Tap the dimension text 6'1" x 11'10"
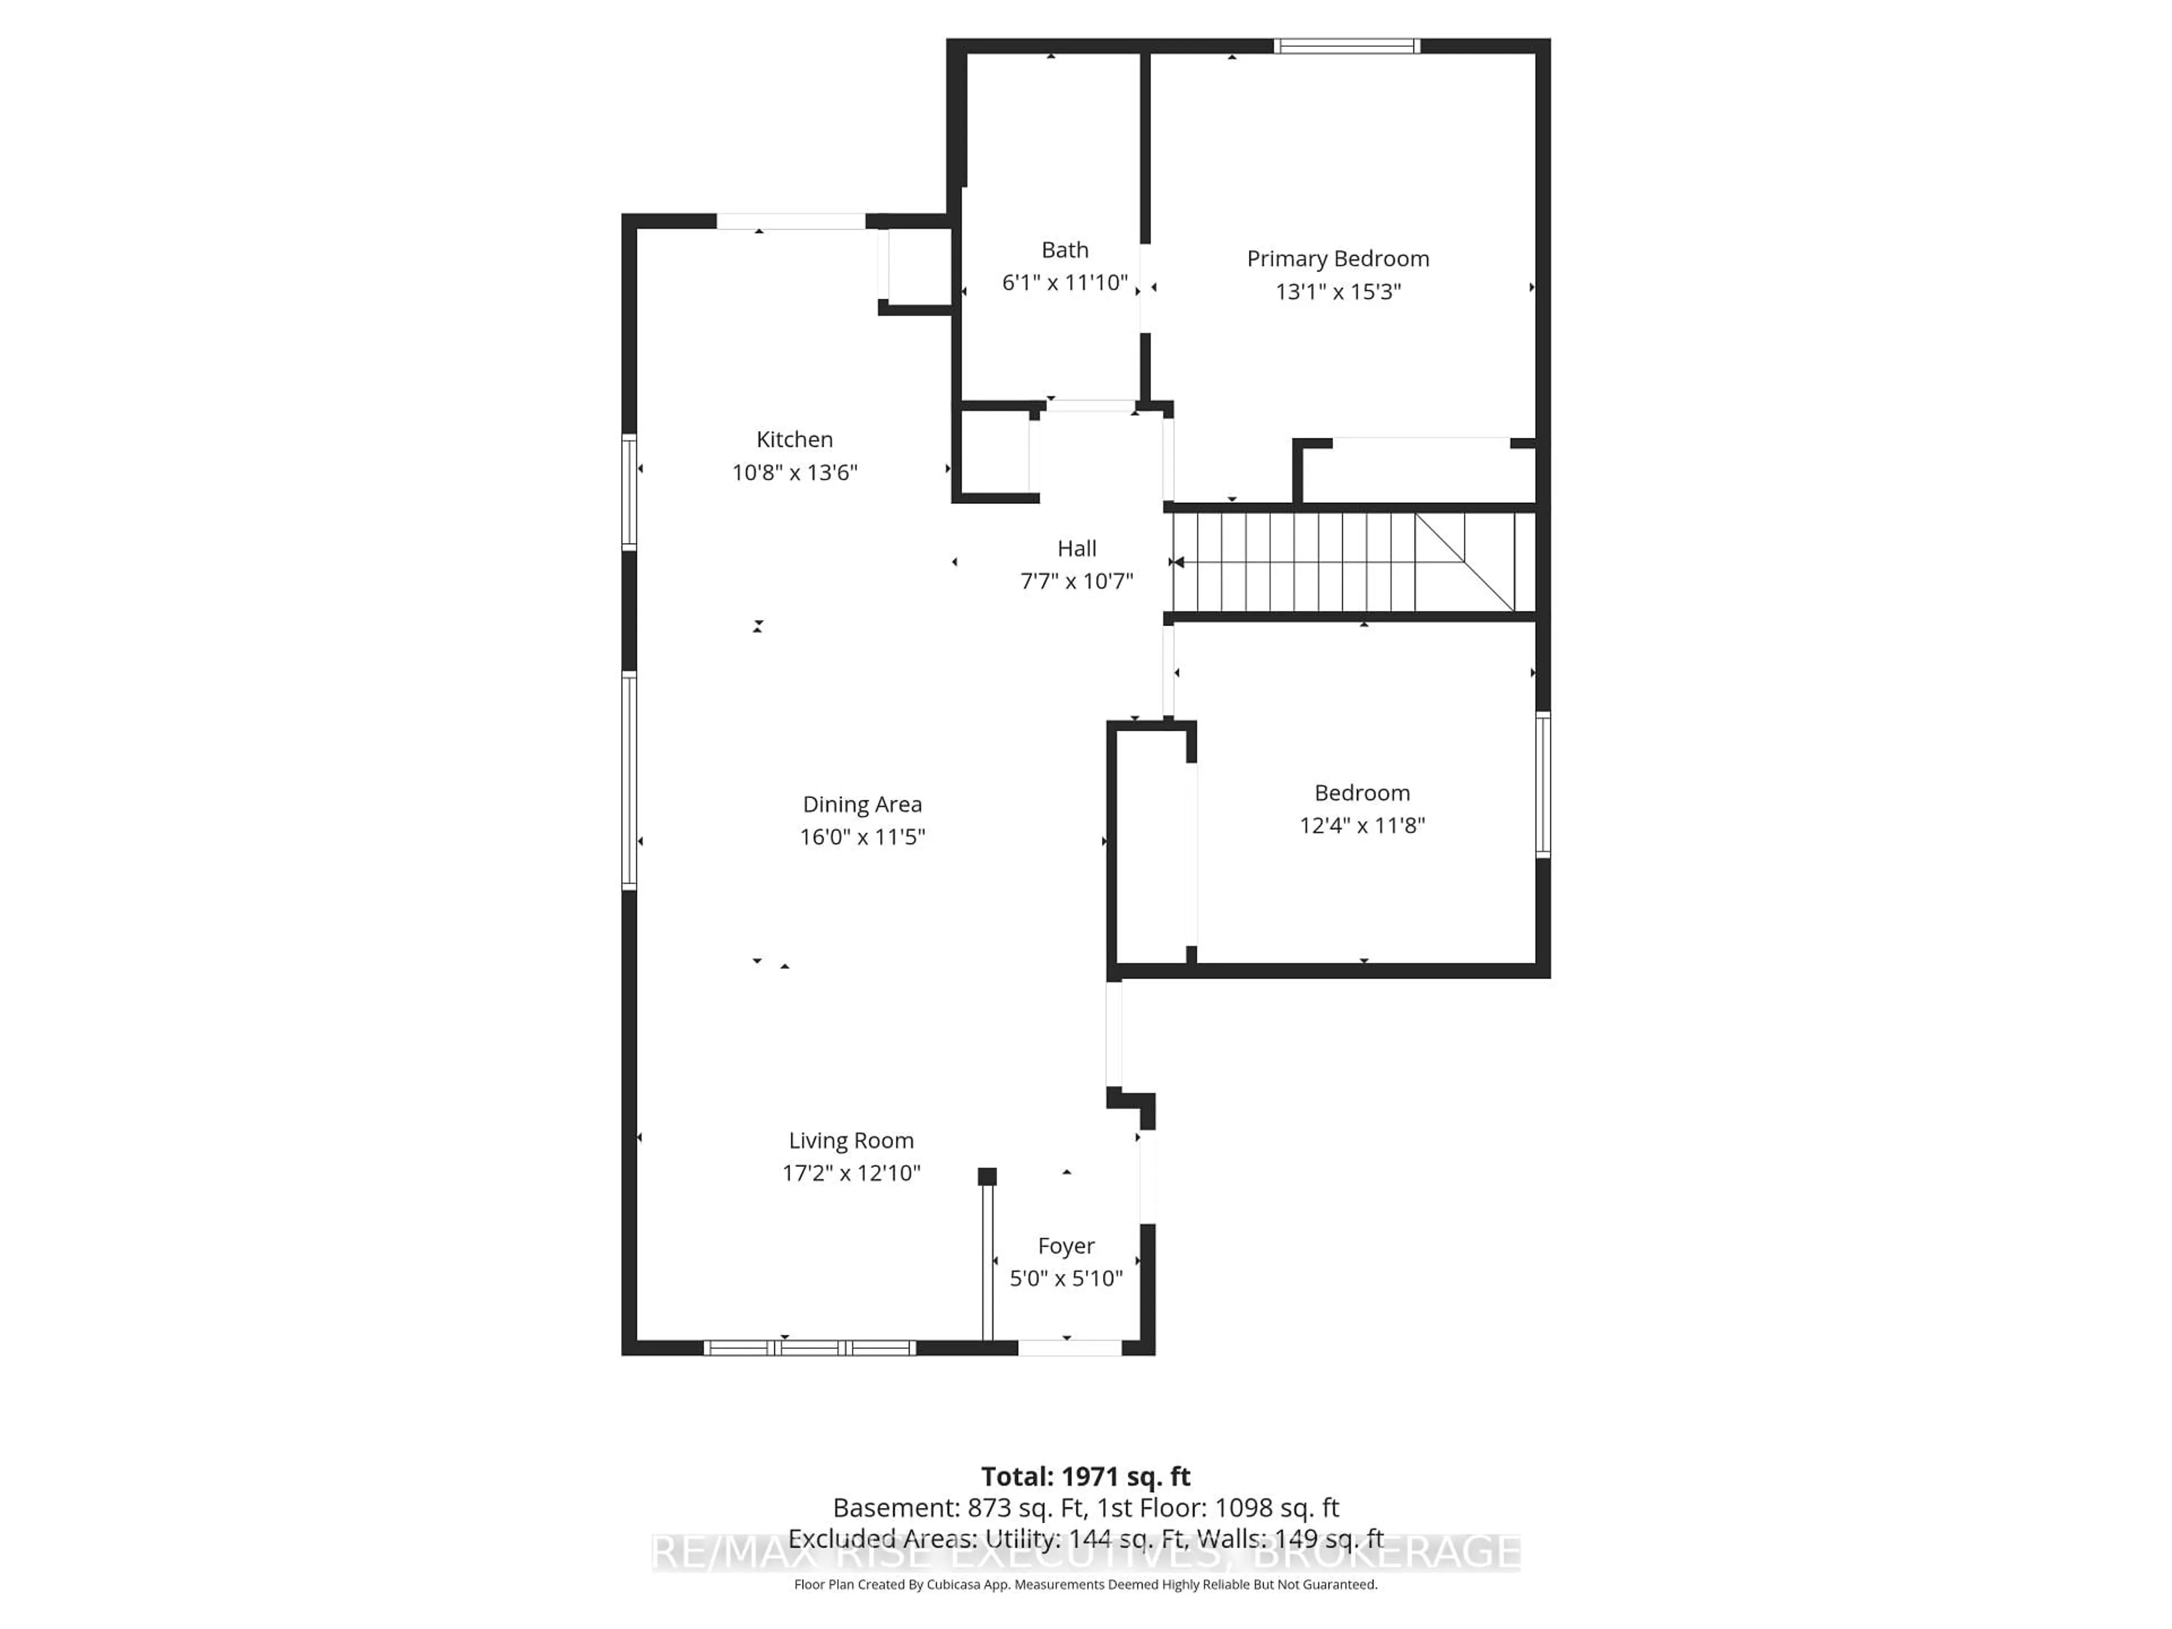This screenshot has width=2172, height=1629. click(1065, 283)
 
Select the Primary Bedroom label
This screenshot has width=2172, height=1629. click(1337, 258)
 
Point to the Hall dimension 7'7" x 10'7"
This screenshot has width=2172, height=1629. click(1076, 581)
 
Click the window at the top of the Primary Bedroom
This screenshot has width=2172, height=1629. click(1346, 46)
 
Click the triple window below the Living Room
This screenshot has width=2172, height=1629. click(809, 1348)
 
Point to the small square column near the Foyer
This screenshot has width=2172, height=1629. click(987, 1176)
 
